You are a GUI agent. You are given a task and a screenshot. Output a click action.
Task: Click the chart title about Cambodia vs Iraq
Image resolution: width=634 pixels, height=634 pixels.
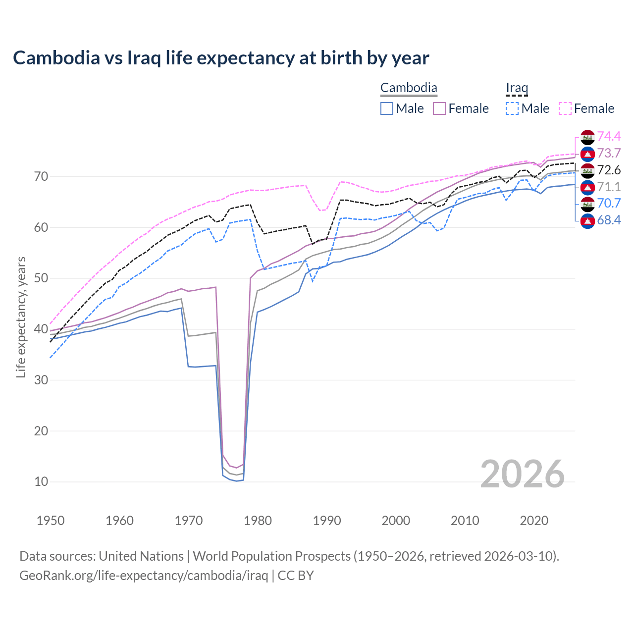click(221, 58)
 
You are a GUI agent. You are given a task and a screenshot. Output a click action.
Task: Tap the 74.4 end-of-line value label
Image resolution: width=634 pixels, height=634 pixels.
click(609, 136)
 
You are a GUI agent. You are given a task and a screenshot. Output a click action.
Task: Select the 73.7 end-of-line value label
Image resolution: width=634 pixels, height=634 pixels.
click(609, 153)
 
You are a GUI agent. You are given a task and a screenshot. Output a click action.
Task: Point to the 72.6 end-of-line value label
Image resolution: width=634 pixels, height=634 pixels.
click(609, 170)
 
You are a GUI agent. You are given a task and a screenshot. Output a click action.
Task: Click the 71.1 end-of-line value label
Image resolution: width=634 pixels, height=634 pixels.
click(609, 187)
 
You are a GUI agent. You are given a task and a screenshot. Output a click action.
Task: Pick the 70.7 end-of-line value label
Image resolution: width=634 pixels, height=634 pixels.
click(609, 203)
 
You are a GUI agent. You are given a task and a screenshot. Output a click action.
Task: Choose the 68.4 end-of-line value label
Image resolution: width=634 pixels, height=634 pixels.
click(609, 220)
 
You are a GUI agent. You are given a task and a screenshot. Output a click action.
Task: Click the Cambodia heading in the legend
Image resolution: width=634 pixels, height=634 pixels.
click(409, 88)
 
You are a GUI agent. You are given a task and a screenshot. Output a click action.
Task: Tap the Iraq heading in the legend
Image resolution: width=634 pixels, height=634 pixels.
click(517, 88)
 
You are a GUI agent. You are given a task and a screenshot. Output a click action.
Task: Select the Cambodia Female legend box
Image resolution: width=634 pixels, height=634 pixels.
click(439, 108)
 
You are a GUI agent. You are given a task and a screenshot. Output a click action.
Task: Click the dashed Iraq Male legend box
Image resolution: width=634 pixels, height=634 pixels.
click(512, 108)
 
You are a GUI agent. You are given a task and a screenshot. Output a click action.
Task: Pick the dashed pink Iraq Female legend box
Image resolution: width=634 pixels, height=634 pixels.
click(565, 108)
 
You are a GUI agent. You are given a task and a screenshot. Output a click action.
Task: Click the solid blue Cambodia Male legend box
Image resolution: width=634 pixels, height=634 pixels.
click(387, 108)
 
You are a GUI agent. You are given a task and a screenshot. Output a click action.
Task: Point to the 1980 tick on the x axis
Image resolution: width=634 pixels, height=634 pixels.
click(258, 521)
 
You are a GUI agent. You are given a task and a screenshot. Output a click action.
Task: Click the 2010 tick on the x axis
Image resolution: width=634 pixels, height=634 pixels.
click(465, 521)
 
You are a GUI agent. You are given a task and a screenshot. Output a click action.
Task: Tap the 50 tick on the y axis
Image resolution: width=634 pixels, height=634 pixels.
click(41, 278)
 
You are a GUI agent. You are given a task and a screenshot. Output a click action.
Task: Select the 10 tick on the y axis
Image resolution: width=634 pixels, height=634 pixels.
click(41, 481)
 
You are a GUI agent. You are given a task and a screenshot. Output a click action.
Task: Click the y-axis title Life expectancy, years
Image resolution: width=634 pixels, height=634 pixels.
click(21, 317)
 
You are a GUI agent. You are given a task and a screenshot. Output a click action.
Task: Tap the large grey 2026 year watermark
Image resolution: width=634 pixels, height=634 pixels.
click(522, 474)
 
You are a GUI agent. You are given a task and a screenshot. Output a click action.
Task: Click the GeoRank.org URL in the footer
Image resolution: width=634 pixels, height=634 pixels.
click(144, 576)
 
